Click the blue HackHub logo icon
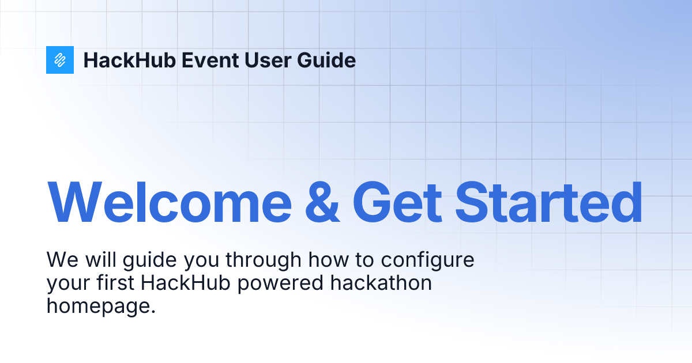pos(60,60)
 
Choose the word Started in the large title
pos(548,203)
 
